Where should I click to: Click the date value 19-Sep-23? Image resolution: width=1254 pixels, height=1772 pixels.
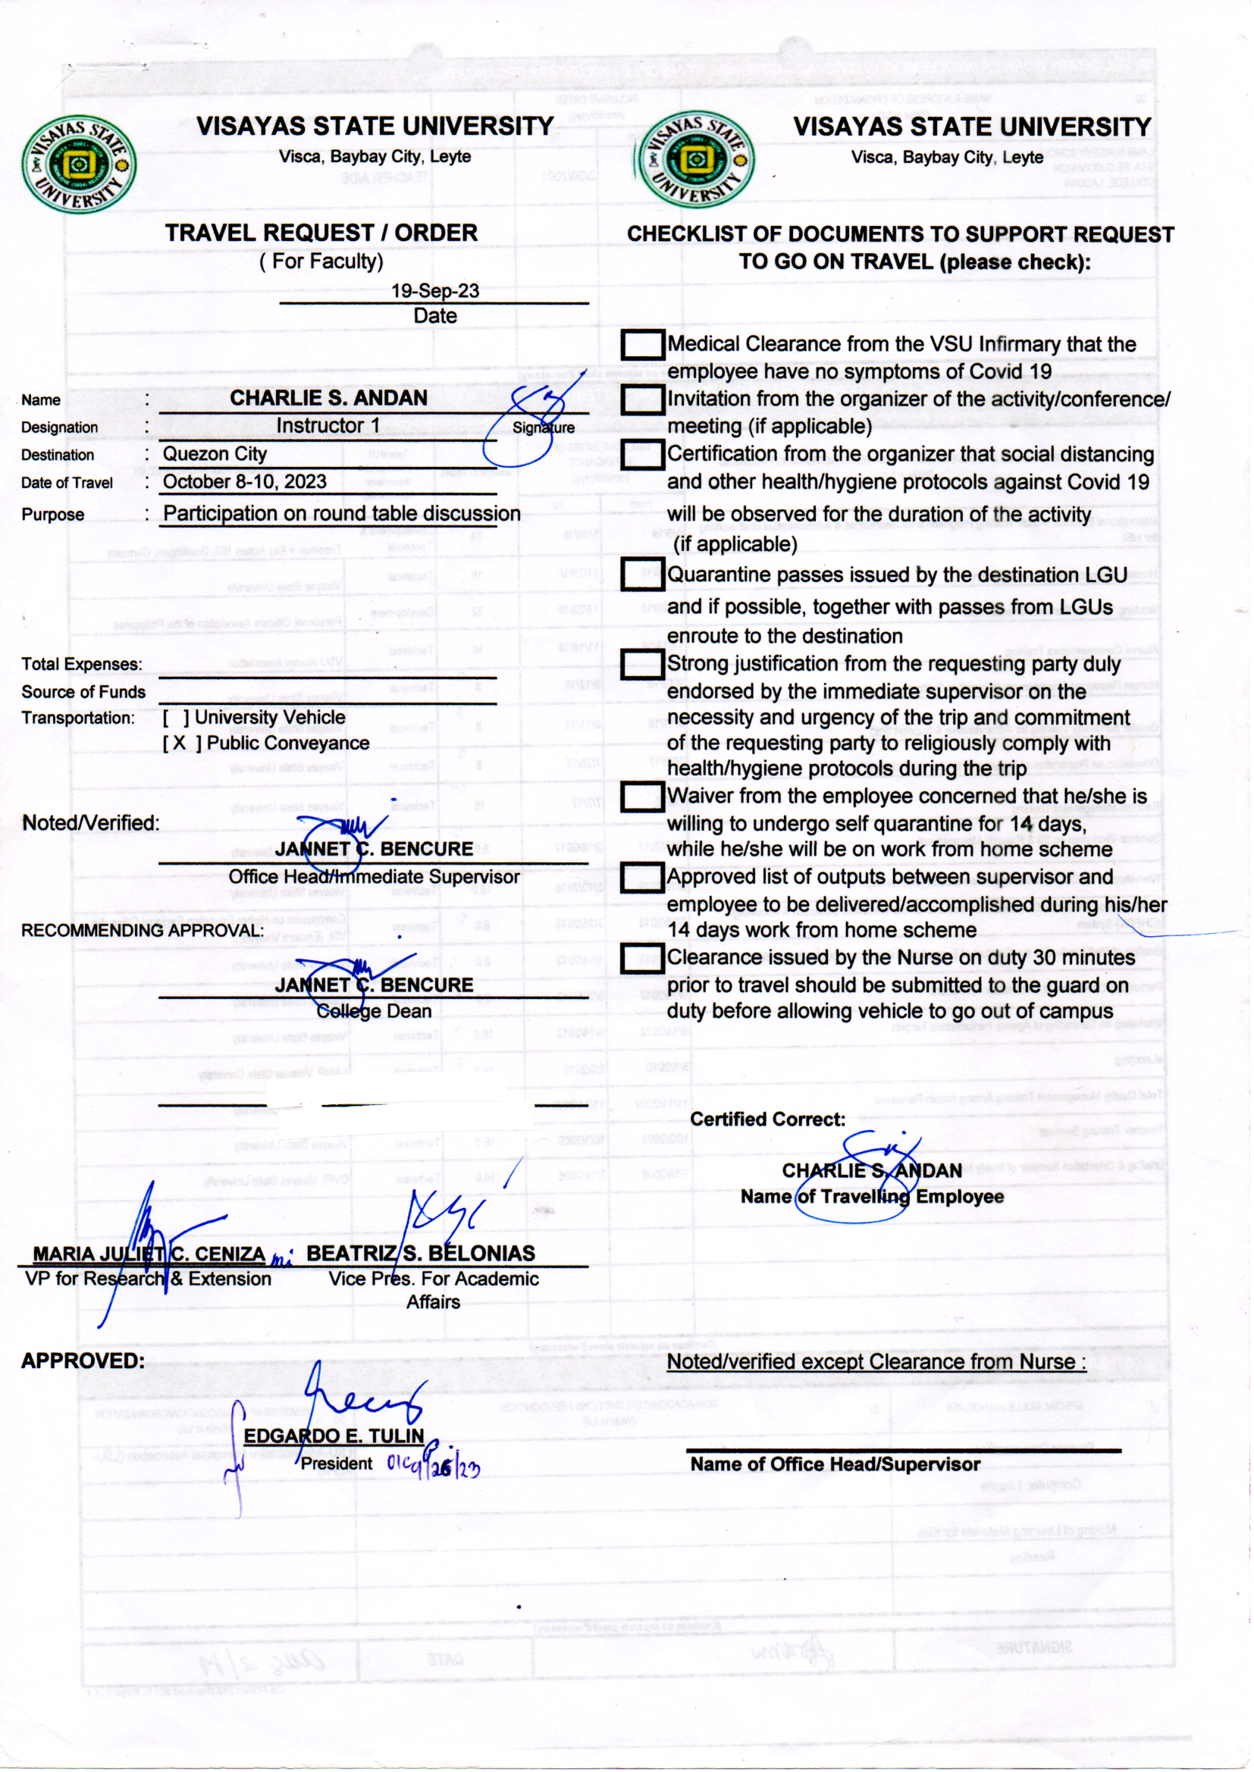pos(434,291)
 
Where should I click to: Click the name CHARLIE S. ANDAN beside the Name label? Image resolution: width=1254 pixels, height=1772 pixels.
pos(328,398)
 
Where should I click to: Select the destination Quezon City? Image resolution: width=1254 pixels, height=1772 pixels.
pos(215,454)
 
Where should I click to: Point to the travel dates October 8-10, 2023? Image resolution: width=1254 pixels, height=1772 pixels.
pos(244,481)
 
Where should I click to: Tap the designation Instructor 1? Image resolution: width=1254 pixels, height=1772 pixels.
pos(328,426)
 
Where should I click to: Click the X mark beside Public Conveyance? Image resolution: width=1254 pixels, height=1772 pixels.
pos(179,744)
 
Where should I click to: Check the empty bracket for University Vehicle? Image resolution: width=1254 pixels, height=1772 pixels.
pos(176,718)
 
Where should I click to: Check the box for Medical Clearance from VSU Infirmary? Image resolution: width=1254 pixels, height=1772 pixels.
pos(642,344)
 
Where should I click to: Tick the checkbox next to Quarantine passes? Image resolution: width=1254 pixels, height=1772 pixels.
pos(642,574)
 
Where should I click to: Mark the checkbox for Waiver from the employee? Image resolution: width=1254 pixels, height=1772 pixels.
pos(642,797)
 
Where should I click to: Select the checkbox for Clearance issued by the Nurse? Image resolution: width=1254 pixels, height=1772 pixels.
pos(642,958)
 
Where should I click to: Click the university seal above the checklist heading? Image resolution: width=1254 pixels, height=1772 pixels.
pos(693,161)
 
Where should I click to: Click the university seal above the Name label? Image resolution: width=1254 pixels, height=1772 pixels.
pos(79,165)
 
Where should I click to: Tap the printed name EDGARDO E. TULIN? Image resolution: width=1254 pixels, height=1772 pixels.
pos(334,1436)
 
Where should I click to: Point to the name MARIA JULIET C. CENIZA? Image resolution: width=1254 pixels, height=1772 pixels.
pos(149,1254)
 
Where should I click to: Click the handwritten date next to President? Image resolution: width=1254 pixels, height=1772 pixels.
pos(433,1466)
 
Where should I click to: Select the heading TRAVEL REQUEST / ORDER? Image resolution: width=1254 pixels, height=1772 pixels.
pos(321,233)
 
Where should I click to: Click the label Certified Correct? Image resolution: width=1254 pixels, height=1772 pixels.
pos(767,1120)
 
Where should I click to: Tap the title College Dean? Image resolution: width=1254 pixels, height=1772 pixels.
pos(374,1011)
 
